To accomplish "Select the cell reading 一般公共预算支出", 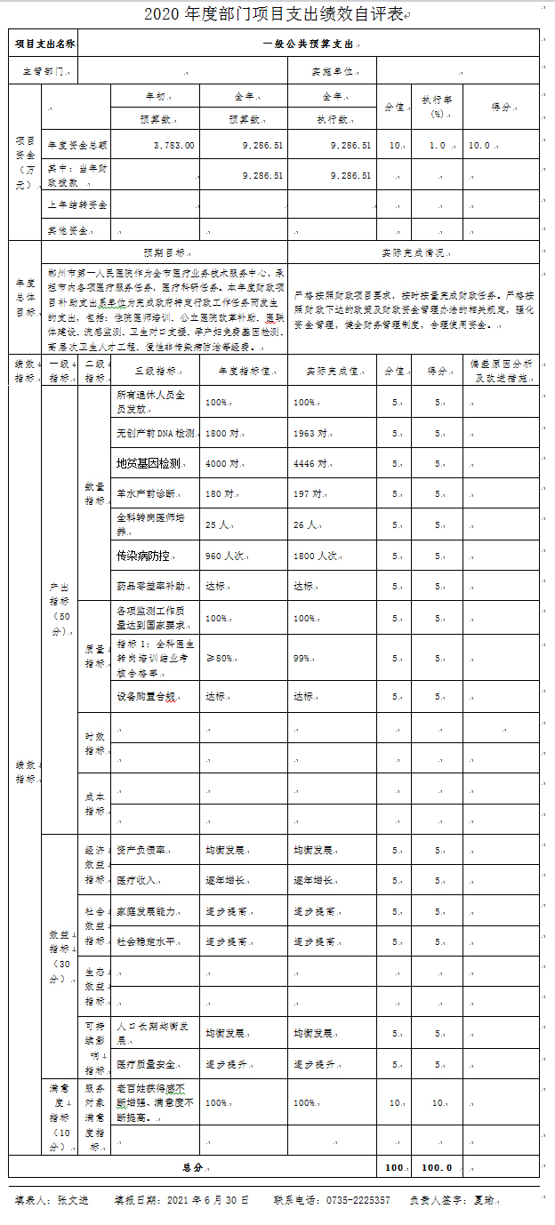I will coord(311,44).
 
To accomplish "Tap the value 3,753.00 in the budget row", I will coord(173,145).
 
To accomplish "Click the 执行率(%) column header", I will coord(438,107).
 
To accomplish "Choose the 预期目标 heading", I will coord(165,252).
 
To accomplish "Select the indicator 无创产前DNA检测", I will coord(155,433).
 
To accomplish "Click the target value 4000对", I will coord(222,463).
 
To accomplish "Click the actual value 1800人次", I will coord(315,556).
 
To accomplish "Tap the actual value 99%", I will coord(302,658).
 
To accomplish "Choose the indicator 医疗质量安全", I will coord(146,1064).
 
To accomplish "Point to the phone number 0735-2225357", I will coord(358,1200).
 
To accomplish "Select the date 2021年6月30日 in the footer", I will coord(207,1200).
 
